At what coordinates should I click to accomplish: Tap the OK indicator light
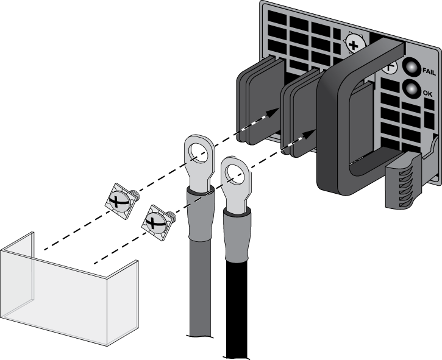pos(412,91)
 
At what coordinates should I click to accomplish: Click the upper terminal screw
pos(121,200)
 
